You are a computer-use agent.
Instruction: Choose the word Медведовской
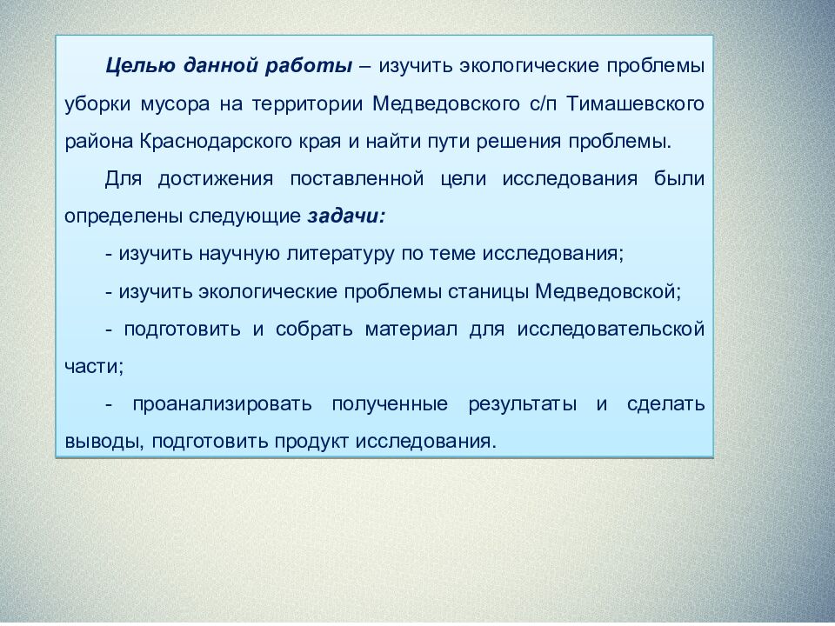pyautogui.click(x=606, y=291)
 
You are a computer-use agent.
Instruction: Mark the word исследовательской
pyautogui.click(x=611, y=330)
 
